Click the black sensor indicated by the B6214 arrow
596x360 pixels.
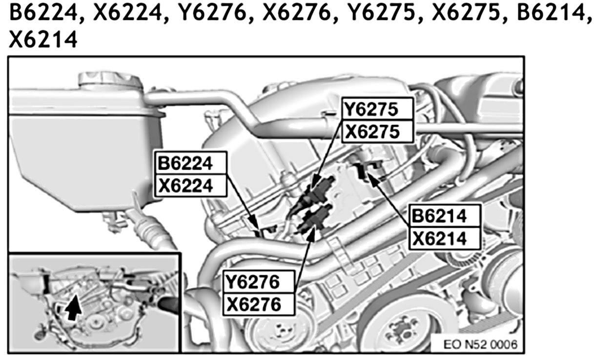(x=364, y=170)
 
